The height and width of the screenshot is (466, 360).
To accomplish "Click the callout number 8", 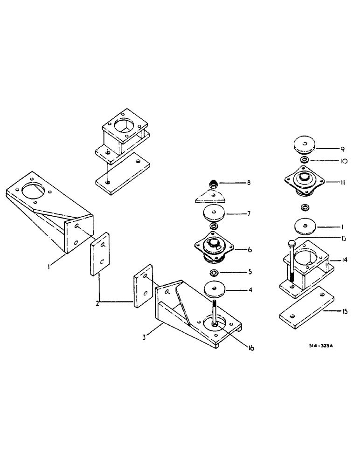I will (x=249, y=183).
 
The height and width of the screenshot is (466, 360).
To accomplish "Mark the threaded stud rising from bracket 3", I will (x=214, y=311).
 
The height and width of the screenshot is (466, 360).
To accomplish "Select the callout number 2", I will (x=97, y=303).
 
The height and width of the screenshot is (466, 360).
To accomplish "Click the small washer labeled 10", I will (x=304, y=160).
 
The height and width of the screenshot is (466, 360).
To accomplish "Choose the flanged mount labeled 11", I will (x=304, y=181).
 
